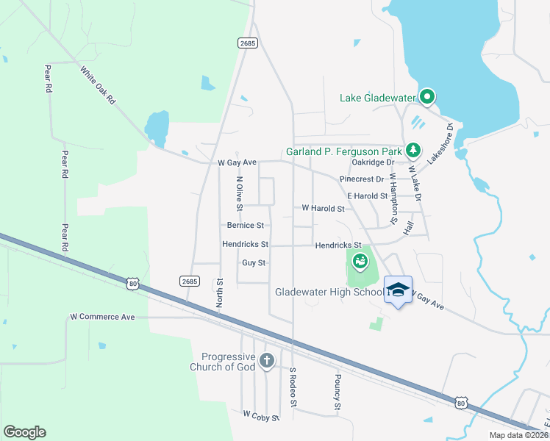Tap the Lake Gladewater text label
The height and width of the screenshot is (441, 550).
click(x=377, y=98)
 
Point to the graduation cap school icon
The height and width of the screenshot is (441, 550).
click(x=398, y=290)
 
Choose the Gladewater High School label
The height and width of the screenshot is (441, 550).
click(x=329, y=292)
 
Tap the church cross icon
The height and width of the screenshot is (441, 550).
click(x=267, y=361)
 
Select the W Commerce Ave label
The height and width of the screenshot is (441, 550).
click(x=102, y=317)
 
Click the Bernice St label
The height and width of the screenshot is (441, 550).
click(x=245, y=226)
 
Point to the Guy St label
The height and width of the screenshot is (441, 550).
click(x=254, y=262)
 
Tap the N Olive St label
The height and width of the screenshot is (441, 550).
click(x=239, y=190)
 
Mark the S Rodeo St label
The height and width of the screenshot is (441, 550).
click(x=293, y=387)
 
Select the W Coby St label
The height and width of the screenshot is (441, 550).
click(x=261, y=417)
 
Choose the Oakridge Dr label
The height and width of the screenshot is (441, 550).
click(x=374, y=162)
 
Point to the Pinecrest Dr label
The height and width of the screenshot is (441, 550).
click(x=362, y=179)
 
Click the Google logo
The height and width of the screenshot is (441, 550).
click(x=24, y=432)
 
